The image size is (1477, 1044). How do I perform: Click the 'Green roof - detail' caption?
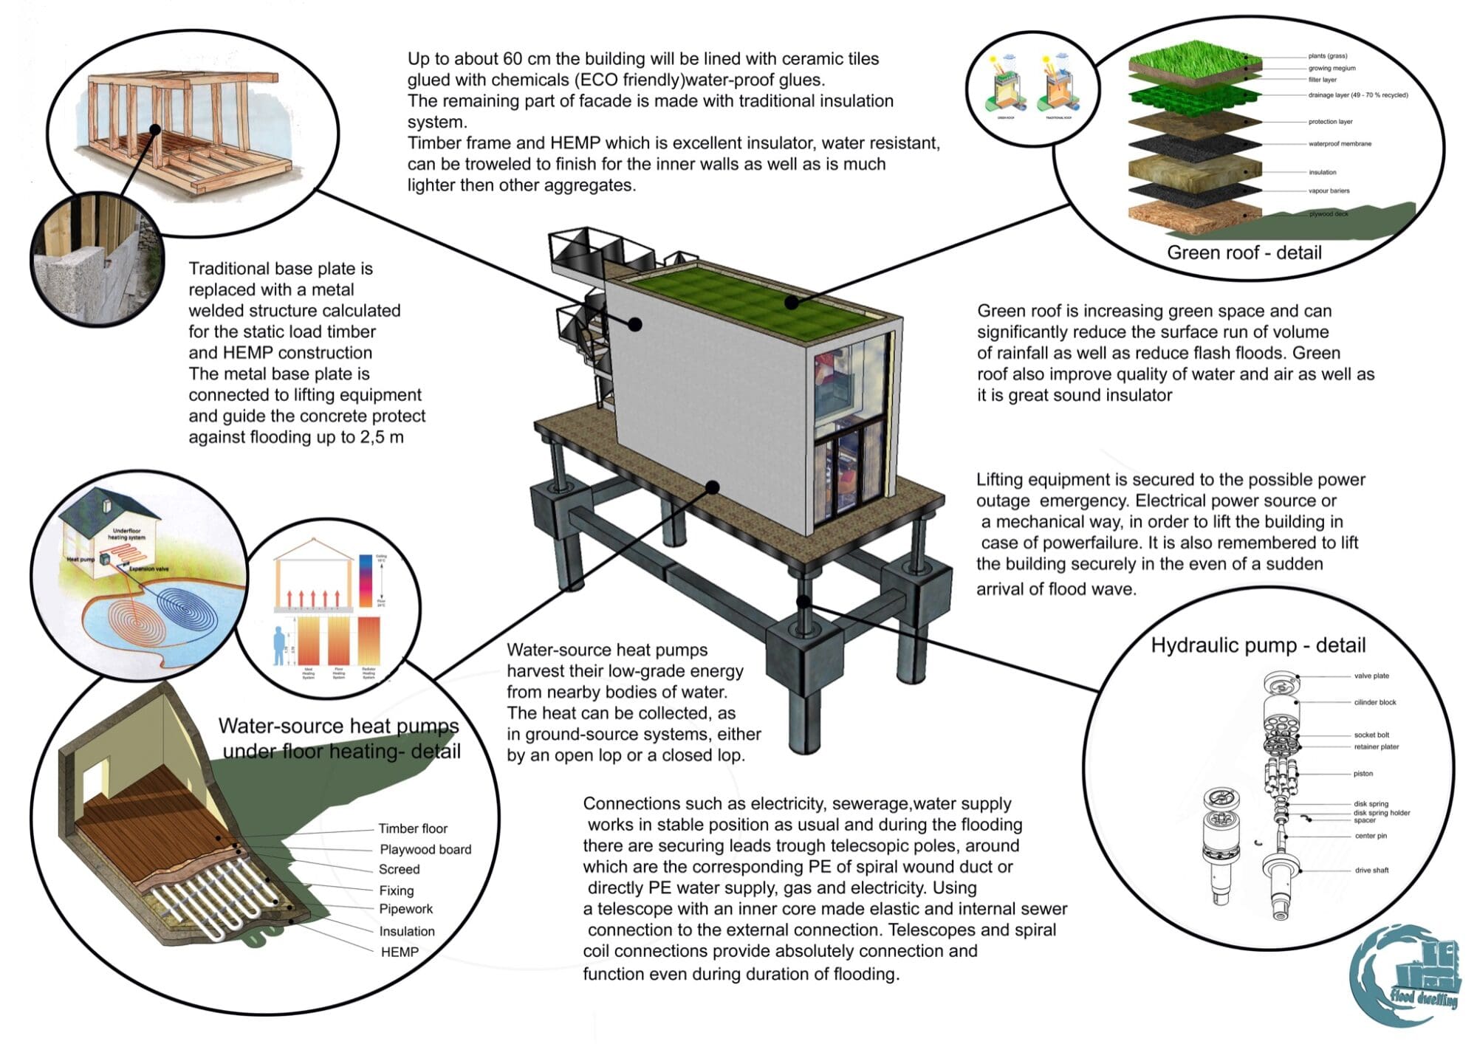1244,253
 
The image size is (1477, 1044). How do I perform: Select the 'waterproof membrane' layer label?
1340,144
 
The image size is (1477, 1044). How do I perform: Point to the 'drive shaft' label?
1371,870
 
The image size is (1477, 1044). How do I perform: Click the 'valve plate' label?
1371,676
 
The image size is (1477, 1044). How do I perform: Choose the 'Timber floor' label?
413,828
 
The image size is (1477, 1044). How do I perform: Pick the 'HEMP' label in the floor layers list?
400,952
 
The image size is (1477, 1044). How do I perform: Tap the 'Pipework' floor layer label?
405,909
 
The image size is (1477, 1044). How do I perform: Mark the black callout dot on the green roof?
792,302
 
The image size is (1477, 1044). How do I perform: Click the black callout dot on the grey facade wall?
634,323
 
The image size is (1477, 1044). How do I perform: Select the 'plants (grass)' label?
1327,56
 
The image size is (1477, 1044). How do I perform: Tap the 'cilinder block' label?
1375,702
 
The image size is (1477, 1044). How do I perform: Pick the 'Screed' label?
399,870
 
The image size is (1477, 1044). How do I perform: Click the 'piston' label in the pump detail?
1363,774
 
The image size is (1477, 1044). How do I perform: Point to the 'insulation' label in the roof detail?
1322,173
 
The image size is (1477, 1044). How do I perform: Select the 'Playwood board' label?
425,850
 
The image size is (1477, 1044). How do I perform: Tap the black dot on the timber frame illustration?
155,129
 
